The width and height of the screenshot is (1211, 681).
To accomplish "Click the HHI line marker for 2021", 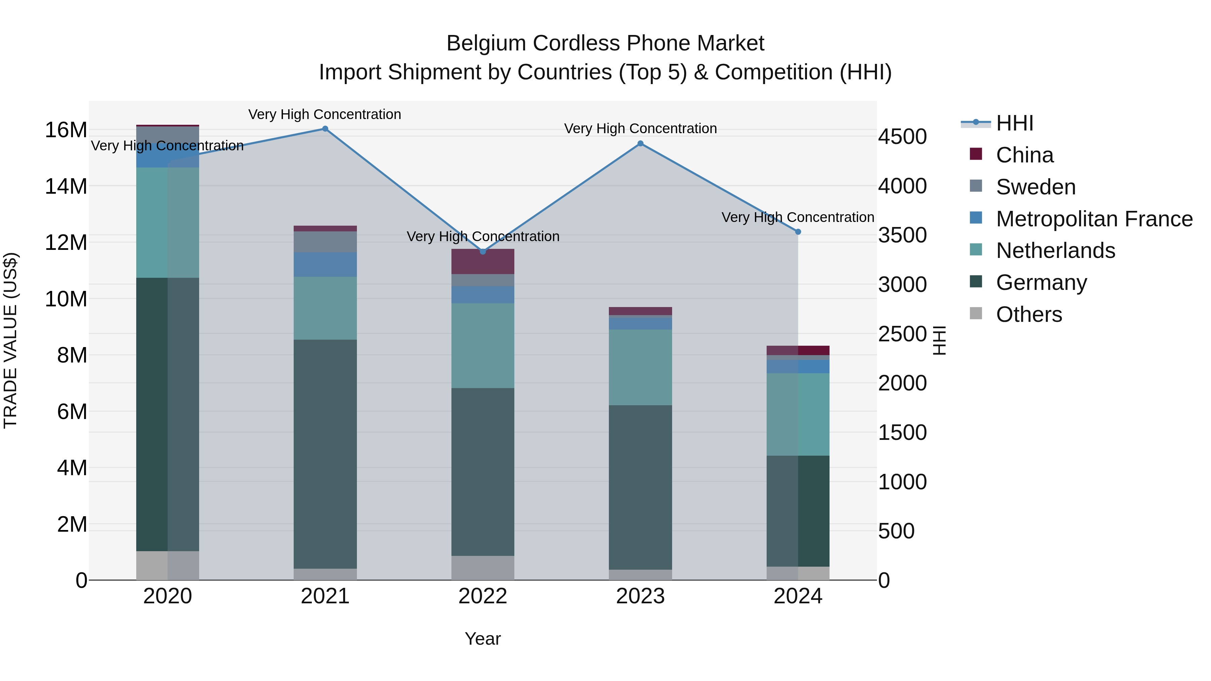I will [x=325, y=129].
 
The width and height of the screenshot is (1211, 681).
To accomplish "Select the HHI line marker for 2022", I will [x=483, y=252].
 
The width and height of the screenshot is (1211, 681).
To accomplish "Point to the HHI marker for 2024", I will [x=798, y=232].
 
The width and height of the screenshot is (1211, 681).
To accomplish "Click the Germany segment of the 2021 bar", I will [x=325, y=454].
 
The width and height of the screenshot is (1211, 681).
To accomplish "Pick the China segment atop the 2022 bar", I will [x=483, y=261].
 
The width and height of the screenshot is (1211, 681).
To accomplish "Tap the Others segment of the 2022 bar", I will [x=483, y=568].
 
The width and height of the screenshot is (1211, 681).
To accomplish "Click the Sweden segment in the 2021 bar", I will [x=325, y=241].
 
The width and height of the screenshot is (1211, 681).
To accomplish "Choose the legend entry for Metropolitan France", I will [x=1094, y=219].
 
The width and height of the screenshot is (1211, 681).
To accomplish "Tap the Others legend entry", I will [x=1029, y=314].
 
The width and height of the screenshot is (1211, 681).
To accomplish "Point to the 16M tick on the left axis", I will [x=66, y=130].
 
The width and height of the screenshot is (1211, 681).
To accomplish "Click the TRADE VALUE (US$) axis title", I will [x=10, y=341].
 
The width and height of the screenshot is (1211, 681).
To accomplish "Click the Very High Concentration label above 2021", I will [x=325, y=114].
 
